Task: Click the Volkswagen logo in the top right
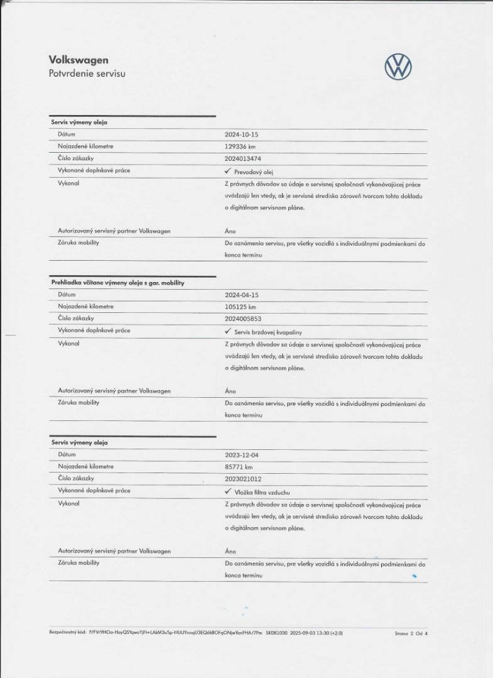pos(398,66)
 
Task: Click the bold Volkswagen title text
pos(79,60)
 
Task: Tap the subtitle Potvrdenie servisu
pos(87,74)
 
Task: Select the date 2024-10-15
pos(242,134)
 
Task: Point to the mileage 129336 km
pos(240,146)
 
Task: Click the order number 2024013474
pos(243,158)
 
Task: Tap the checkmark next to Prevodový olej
pos(228,171)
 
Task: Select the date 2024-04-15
pos(242,295)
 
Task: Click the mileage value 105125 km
pos(240,307)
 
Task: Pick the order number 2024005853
pos(243,319)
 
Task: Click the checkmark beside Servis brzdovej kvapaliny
pos(228,331)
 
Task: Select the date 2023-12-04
pos(242,455)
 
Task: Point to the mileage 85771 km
pos(239,467)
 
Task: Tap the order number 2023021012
pos(243,479)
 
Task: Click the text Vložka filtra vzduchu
pos(262,492)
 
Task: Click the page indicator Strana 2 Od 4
pos(411,633)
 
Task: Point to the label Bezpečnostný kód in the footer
pos(67,633)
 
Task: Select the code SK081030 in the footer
pos(276,633)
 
